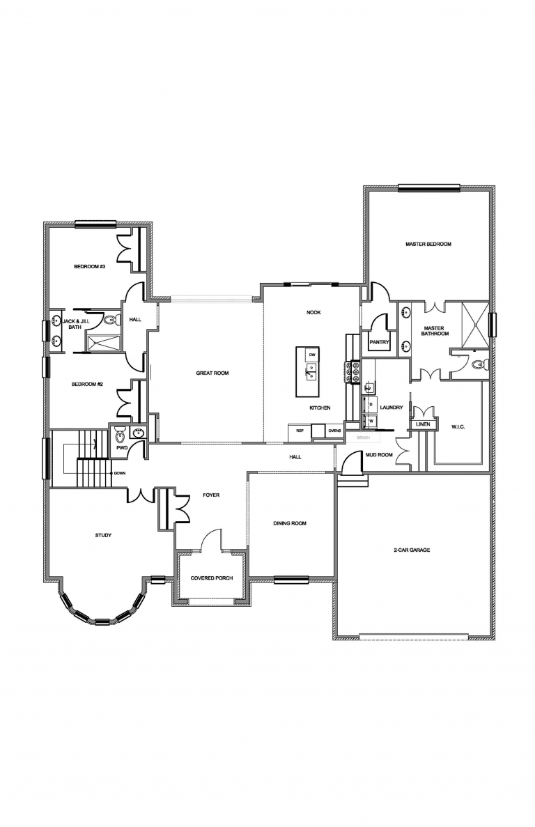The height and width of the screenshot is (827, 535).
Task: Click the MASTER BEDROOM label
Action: [428, 245]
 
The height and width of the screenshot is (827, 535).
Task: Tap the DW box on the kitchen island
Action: [312, 355]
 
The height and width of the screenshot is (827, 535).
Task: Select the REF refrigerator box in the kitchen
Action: [300, 431]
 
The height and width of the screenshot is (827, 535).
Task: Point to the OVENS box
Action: [334, 431]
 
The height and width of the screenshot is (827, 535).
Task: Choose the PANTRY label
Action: [379, 342]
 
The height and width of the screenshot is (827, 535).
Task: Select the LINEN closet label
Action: [422, 424]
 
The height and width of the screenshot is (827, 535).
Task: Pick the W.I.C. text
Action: [458, 427]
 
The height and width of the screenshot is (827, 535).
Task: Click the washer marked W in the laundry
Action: [371, 421]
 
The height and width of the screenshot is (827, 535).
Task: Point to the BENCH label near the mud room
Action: [362, 438]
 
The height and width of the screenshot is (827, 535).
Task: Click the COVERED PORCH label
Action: [212, 578]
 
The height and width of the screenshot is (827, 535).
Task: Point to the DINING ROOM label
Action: [289, 523]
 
